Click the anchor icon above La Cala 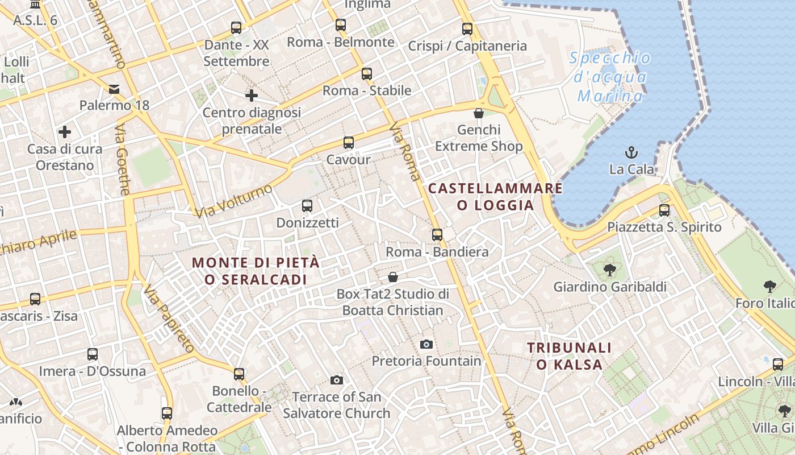[x=631, y=152]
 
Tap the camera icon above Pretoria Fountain [x=426, y=344]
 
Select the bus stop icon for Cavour [x=348, y=143]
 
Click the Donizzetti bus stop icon [x=307, y=205]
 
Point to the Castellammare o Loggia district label [x=495, y=197]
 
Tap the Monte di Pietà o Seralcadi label [x=256, y=271]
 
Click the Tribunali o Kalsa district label [x=569, y=356]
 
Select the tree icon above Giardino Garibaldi [x=610, y=270]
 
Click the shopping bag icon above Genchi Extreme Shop [x=479, y=113]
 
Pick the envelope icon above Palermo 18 [x=114, y=89]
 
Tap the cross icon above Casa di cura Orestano [x=65, y=133]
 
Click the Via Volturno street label [x=233, y=201]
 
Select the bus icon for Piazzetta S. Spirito [x=664, y=210]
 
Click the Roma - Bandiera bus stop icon [x=437, y=234]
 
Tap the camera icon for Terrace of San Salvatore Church [x=337, y=380]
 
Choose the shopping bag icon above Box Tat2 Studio [x=392, y=277]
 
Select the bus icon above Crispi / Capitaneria [x=467, y=28]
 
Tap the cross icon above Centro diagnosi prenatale [x=252, y=96]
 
